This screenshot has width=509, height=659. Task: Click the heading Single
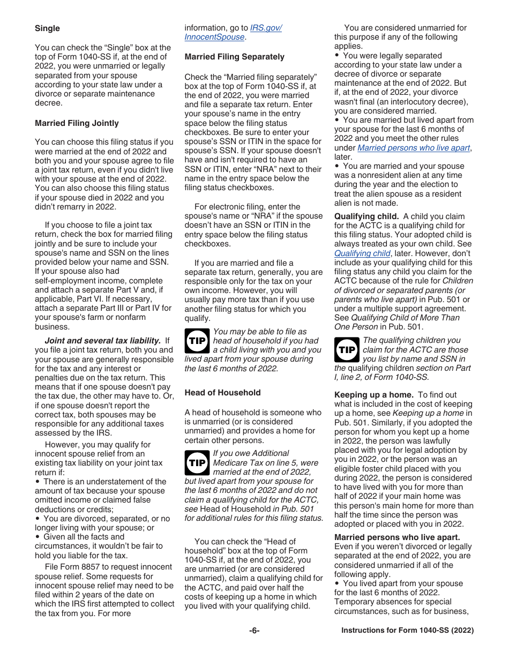point(47,28)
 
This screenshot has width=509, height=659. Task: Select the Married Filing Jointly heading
point(77,123)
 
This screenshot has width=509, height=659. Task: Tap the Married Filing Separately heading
point(234,57)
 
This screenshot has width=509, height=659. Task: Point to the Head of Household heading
point(222,393)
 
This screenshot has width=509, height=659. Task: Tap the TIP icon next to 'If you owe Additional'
point(197,462)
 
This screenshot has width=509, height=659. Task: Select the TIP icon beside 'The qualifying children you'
point(347,350)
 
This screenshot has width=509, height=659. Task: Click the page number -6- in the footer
point(254,631)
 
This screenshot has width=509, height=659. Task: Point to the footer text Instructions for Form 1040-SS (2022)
point(407,631)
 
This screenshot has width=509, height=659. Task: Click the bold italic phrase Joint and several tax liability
point(102,341)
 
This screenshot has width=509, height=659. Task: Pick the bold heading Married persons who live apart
point(397,537)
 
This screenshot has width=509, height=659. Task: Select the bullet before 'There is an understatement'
point(38,482)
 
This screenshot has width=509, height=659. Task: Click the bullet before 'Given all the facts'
point(38,537)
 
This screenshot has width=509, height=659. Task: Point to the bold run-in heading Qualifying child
point(366,216)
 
